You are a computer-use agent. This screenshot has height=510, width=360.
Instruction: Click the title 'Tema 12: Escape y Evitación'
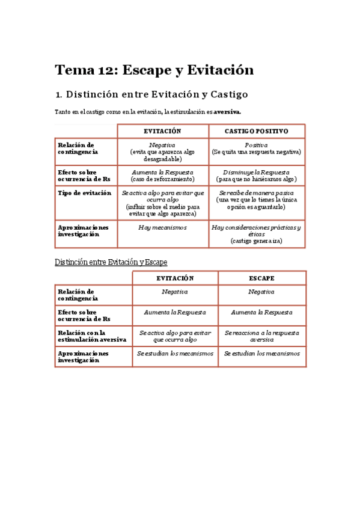[x=154, y=70]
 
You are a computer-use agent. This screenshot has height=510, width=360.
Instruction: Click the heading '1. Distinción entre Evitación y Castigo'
[x=151, y=94]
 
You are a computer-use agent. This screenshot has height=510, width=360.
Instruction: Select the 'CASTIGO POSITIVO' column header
[x=257, y=131]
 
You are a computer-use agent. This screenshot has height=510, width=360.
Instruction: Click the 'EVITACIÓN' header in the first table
[x=162, y=131]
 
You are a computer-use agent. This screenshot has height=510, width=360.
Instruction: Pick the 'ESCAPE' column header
[x=261, y=278]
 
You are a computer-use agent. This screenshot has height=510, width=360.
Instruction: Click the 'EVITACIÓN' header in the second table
[x=175, y=278]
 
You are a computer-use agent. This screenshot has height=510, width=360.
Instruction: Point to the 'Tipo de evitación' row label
[x=84, y=193]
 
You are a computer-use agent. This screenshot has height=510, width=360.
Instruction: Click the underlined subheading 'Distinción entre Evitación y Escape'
[x=111, y=262]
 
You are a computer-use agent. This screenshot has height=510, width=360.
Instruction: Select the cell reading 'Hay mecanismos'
[x=162, y=227]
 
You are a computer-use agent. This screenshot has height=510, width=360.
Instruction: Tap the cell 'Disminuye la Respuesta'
[x=257, y=171]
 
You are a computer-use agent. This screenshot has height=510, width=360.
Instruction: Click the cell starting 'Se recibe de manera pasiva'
[x=257, y=193]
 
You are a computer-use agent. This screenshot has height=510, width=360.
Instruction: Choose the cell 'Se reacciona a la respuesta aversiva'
[x=261, y=336]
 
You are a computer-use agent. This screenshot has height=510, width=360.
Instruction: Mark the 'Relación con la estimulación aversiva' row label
[x=92, y=336]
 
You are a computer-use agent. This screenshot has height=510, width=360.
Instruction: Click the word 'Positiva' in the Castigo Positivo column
[x=257, y=145]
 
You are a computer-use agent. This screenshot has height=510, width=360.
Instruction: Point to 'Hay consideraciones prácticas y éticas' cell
[x=257, y=231]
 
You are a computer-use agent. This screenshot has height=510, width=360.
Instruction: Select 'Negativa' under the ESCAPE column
[x=261, y=292]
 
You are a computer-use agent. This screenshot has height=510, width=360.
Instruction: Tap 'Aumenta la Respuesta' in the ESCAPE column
[x=261, y=313]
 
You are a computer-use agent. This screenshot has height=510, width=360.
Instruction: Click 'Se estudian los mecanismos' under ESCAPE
[x=261, y=354]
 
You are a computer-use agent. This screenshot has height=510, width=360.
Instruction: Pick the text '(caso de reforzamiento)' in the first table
[x=162, y=179]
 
